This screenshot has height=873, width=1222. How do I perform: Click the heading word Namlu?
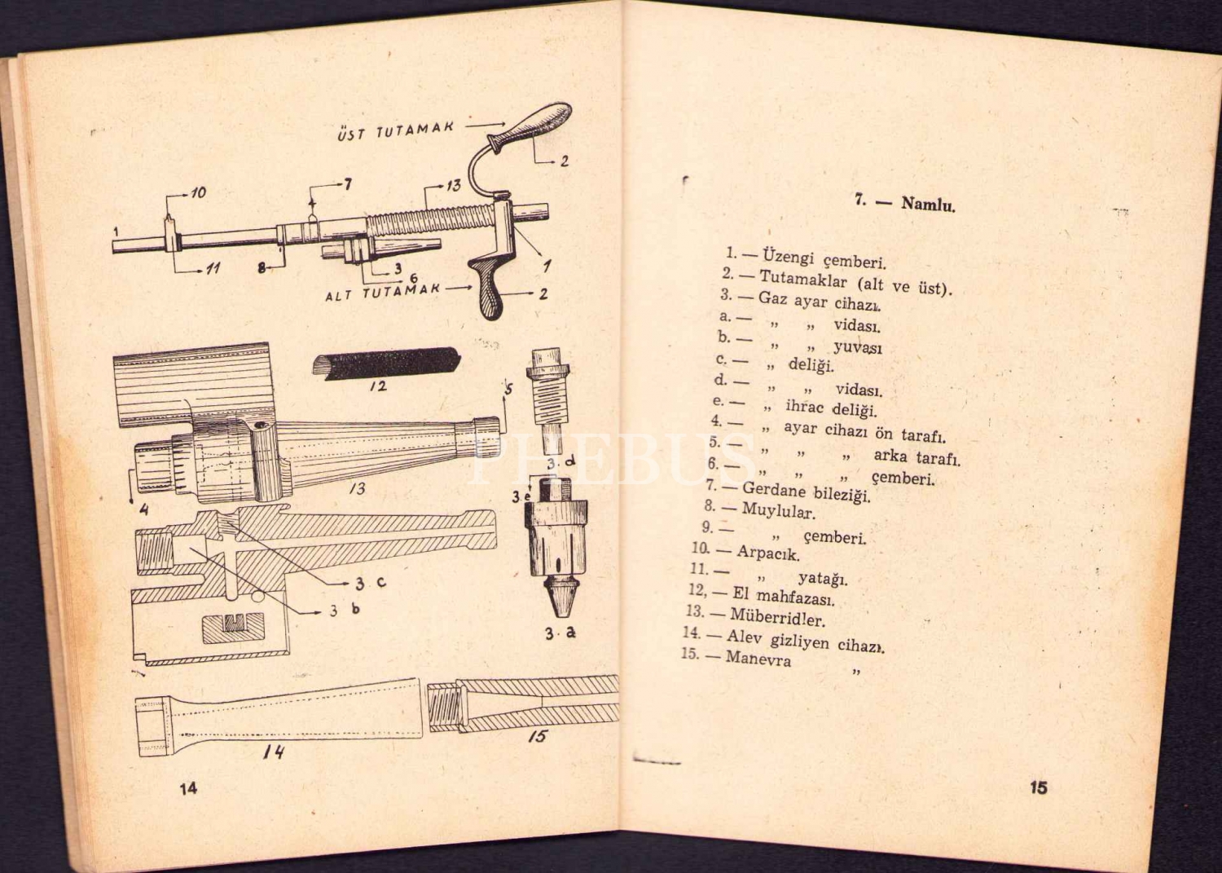pos(928,204)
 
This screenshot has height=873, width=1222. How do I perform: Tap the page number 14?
pos(188,788)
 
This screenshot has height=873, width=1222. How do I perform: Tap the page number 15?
pos(1038,788)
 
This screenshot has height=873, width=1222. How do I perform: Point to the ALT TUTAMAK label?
pos(382,291)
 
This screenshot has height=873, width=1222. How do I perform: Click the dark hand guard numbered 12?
pos(383,361)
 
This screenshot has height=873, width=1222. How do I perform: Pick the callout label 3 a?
pos(560,633)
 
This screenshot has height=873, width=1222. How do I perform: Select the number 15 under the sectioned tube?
pos(536,738)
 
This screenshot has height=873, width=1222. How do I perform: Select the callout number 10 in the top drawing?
pos(198,193)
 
